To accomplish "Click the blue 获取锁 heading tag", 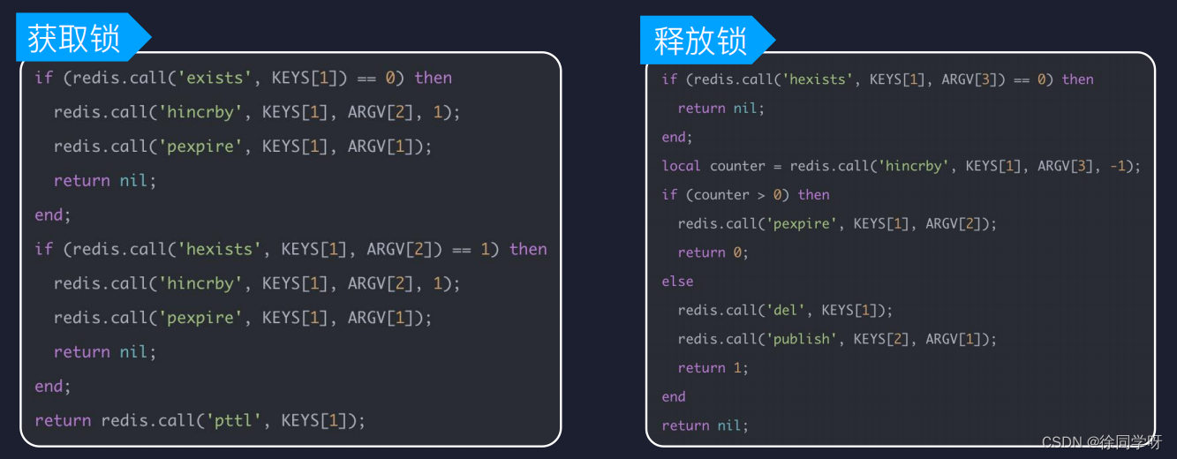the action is click(74, 38).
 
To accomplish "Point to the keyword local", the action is click(681, 166).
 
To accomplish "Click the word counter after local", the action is click(737, 166).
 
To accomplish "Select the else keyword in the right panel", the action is click(677, 282).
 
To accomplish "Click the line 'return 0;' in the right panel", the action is click(713, 252).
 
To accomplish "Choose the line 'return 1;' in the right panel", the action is click(713, 368).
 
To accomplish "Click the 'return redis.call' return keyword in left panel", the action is click(63, 420).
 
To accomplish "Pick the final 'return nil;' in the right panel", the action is click(705, 425).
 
